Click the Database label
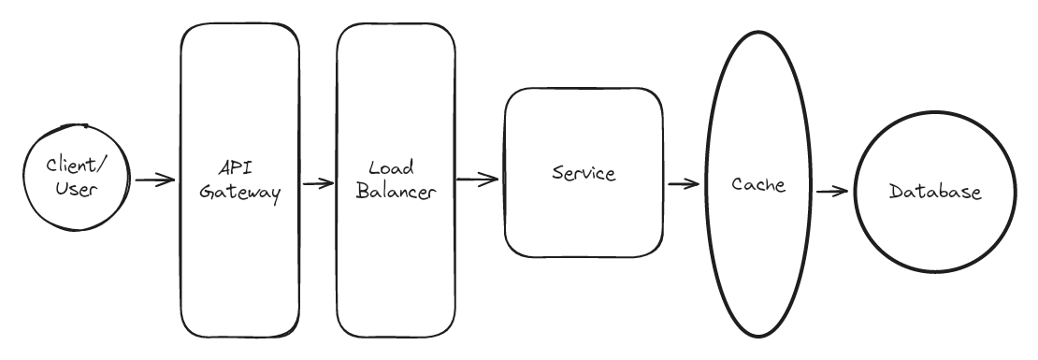[x=935, y=194]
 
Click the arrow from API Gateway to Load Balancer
[x=319, y=183]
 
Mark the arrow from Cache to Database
[x=831, y=192]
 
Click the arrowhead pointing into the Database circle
[x=843, y=192]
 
